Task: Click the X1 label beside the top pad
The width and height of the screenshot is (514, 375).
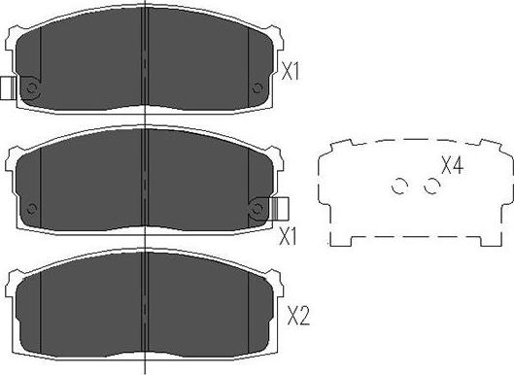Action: click(289, 71)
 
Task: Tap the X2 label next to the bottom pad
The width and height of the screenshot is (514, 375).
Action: click(298, 315)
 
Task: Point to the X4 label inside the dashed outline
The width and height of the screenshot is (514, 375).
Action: click(451, 166)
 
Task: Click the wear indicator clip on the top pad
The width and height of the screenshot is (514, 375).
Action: click(8, 88)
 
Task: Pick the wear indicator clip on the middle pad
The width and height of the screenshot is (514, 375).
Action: click(280, 208)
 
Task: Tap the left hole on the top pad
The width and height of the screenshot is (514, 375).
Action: click(31, 89)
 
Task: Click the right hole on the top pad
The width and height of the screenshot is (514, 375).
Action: click(257, 89)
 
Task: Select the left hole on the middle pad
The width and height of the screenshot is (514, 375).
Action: click(32, 208)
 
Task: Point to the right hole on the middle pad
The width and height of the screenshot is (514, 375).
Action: click(258, 208)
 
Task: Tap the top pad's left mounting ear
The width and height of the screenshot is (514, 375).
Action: click(14, 44)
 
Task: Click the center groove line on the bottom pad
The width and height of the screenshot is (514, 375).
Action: click(145, 301)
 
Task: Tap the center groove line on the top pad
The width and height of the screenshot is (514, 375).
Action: click(145, 58)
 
